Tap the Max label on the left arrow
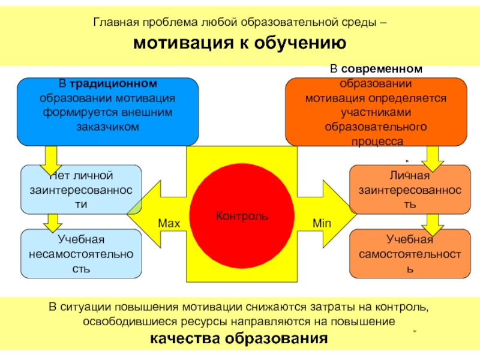(169, 223)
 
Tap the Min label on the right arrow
(322, 223)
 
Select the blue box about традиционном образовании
(108, 112)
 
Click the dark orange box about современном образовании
(376, 112)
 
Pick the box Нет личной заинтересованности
(81, 190)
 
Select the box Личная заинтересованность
(410, 190)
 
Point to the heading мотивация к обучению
(239, 43)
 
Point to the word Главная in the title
(113, 23)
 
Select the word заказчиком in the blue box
(108, 127)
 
